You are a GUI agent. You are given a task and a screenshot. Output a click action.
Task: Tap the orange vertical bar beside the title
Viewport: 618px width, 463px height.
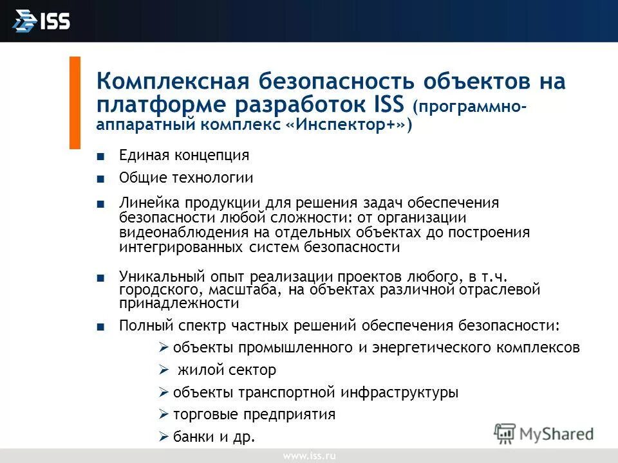tap(75, 103)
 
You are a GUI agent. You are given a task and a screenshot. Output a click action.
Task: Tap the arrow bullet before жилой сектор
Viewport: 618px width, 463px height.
tap(164, 370)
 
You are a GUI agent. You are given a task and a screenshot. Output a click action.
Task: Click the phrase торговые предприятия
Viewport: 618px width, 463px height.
tap(254, 414)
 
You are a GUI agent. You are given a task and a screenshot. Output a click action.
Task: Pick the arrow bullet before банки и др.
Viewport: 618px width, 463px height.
tap(164, 437)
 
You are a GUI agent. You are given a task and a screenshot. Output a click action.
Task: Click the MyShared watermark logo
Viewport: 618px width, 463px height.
tap(544, 433)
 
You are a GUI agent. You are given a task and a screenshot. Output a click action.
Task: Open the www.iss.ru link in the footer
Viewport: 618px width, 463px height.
tap(309, 456)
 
